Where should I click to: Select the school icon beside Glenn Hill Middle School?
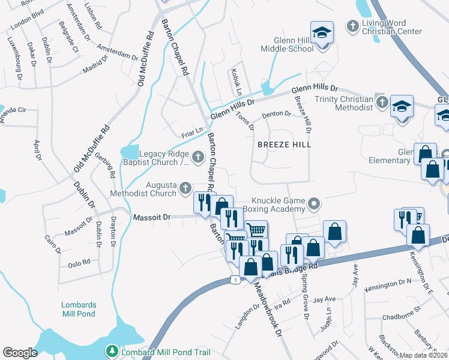pos(322,33)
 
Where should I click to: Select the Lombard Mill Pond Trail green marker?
pos(112,350)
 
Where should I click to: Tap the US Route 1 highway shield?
pos(235,280)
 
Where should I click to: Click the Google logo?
pos(20,352)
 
